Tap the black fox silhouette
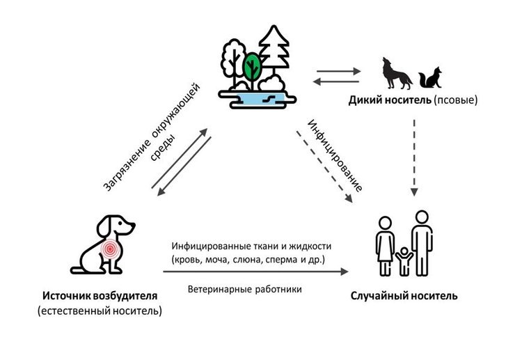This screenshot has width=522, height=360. [430, 78]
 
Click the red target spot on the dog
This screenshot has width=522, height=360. [110, 249]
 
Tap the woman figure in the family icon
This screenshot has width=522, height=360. [385, 246]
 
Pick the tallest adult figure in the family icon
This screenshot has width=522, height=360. [422, 243]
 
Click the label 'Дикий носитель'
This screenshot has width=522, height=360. [390, 100]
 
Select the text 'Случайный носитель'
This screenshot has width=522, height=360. [404, 296]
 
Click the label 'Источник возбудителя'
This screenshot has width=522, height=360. [100, 296]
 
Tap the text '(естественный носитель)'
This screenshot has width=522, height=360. [100, 311]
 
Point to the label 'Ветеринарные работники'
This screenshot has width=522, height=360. [245, 289]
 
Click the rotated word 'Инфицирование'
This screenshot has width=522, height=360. [335, 155]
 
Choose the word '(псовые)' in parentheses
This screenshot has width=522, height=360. [455, 100]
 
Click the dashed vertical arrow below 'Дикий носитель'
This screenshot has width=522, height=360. [414, 157]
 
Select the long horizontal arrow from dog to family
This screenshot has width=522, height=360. [255, 272]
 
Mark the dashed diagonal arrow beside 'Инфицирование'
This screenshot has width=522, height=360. [324, 167]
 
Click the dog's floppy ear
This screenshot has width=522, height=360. [104, 226]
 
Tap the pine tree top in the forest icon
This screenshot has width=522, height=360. [274, 35]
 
